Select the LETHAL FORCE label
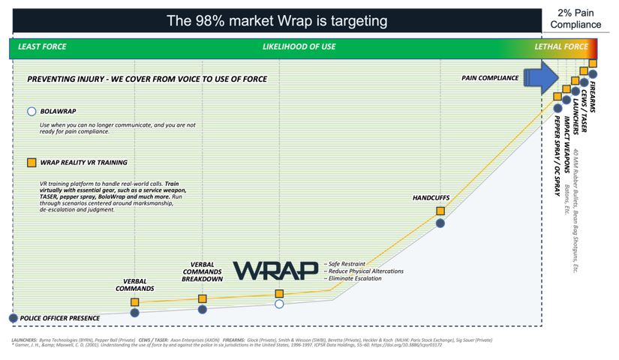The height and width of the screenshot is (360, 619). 560,46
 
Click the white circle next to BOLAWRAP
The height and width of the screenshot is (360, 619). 32,111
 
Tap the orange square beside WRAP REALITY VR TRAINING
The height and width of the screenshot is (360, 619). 32,162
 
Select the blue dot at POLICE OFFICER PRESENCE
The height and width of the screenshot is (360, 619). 13,318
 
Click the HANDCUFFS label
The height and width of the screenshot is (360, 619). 432,197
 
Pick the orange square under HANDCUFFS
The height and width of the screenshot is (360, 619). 440,211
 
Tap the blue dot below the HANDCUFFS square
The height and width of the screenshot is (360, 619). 440,223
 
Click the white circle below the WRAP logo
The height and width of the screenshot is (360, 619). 279,304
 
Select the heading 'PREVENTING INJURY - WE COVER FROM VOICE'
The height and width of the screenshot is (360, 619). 147,79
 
